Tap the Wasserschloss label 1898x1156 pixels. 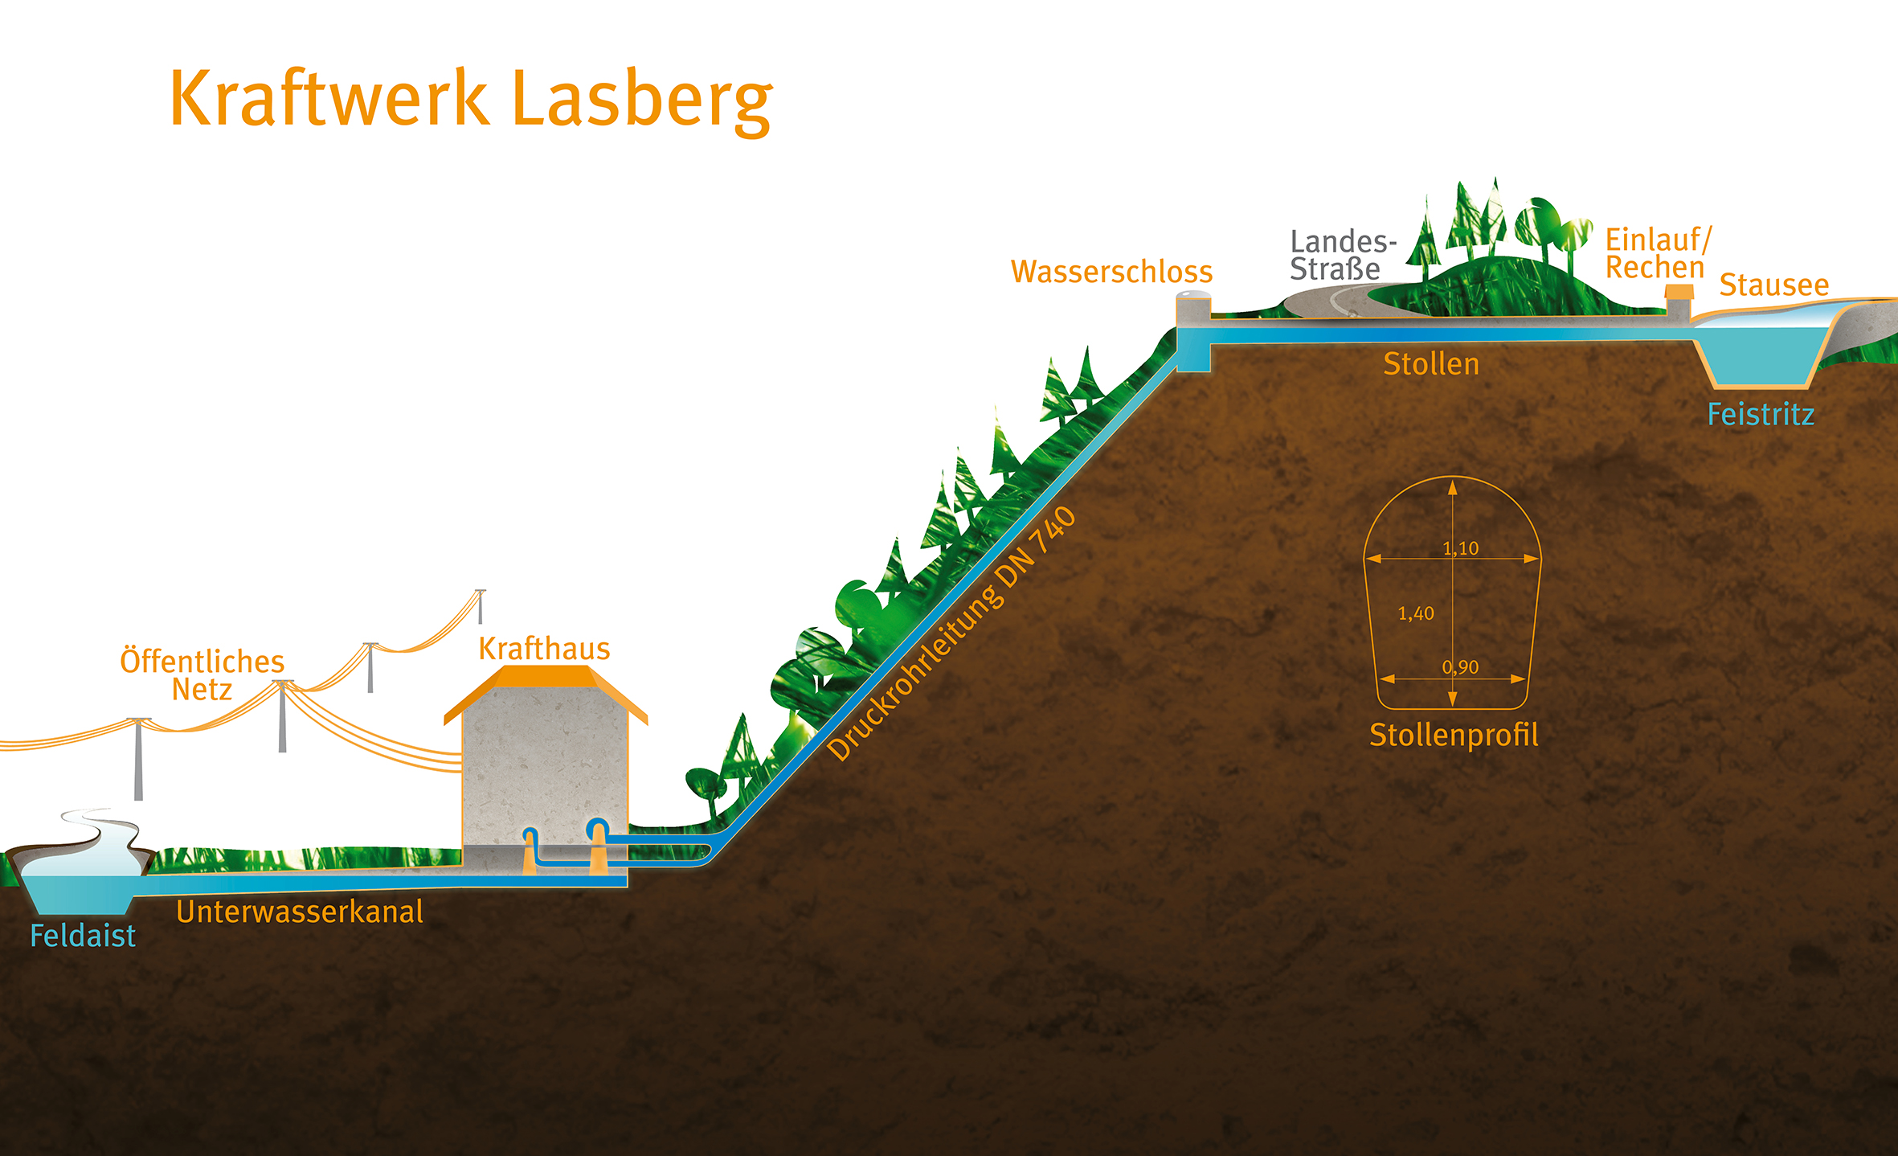1111,272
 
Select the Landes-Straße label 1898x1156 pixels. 1342,255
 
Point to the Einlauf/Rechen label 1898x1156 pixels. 1657,253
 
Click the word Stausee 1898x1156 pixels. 1773,285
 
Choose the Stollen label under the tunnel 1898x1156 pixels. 1430,364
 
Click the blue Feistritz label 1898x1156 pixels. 1761,415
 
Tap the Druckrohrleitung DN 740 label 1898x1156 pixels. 951,634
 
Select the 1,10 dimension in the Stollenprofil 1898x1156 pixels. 1460,548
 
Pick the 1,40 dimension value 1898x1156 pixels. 1415,613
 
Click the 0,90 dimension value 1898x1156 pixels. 1460,667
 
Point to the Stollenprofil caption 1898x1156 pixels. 1454,735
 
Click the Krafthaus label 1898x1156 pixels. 544,649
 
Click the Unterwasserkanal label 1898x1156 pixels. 299,912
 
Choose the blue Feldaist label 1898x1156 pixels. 83,936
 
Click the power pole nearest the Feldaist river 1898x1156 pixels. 138,760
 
